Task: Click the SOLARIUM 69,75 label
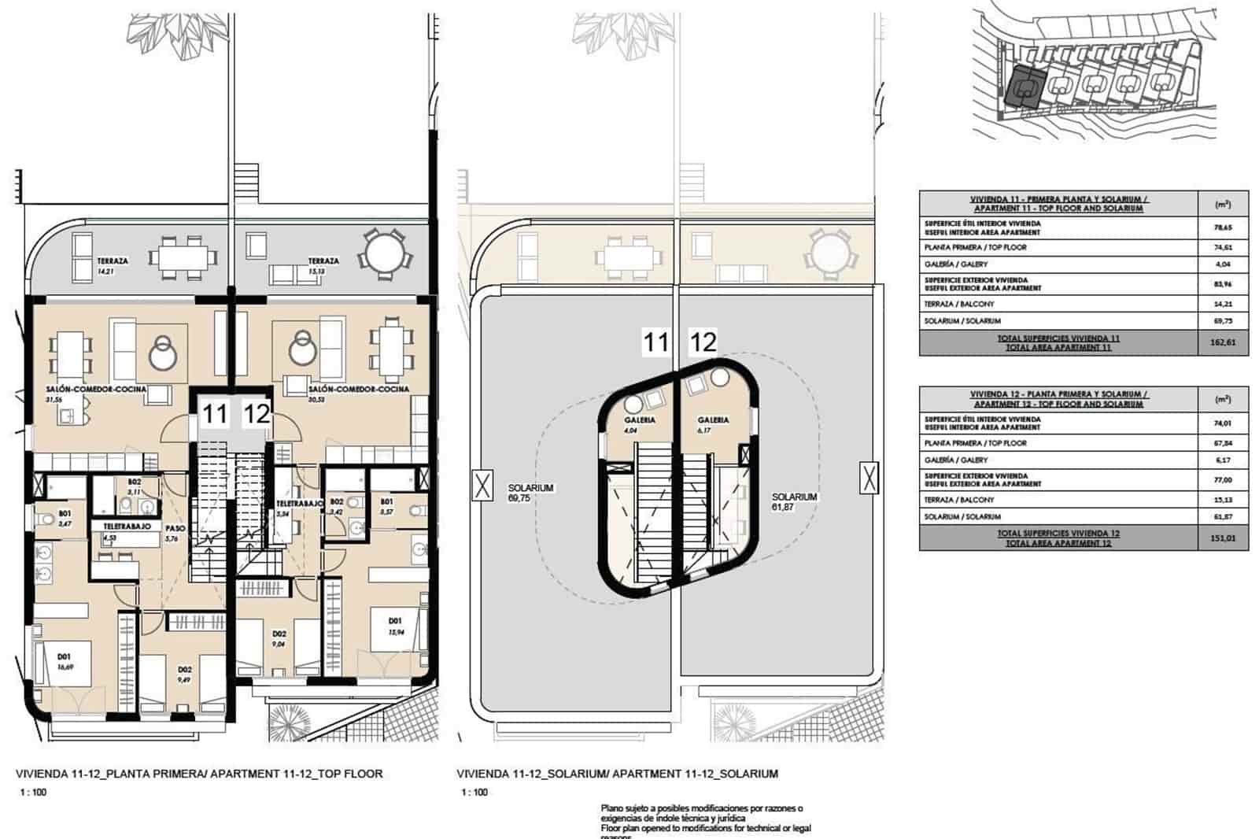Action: (530, 493)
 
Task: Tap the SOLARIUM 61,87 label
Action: (794, 502)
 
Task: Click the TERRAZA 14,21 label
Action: (113, 265)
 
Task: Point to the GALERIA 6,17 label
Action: (712, 425)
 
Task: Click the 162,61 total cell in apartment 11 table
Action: (1223, 342)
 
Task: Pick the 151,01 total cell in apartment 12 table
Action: (1223, 538)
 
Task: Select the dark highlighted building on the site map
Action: (1025, 87)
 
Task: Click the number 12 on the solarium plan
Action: (703, 342)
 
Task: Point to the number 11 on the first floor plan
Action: (215, 413)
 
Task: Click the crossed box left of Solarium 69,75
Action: (482, 486)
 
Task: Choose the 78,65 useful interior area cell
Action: (1223, 227)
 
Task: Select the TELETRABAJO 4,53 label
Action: (121, 531)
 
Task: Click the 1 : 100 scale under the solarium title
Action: (474, 793)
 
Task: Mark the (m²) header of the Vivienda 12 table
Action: (1223, 399)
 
